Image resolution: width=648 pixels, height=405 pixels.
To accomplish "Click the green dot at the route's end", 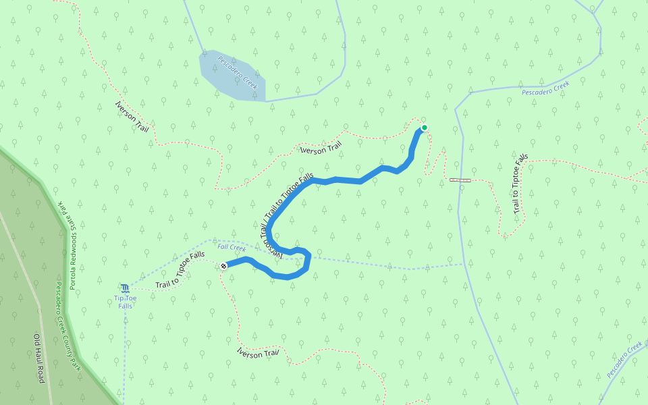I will pos(425,128).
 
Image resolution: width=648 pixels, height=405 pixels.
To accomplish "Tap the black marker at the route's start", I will pos(223,266).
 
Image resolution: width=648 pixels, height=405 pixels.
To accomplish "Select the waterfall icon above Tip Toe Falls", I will pos(125,288).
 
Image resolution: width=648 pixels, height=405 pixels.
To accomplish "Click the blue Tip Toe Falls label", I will pos(125,302).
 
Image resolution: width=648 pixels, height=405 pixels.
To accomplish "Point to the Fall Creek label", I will pos(232,248).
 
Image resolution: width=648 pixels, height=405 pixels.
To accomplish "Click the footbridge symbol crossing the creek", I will pos(460,180).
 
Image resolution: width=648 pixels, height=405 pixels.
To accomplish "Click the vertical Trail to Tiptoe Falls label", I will pos(520,184).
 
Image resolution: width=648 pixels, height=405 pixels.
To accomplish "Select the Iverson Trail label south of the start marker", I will pos(258,352).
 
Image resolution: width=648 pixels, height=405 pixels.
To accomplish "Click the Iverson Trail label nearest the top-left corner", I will pos(132,117).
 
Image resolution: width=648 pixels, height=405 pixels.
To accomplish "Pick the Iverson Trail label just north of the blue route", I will pos(321,148).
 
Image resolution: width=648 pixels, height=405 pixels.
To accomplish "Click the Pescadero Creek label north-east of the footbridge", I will pos(545,88).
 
